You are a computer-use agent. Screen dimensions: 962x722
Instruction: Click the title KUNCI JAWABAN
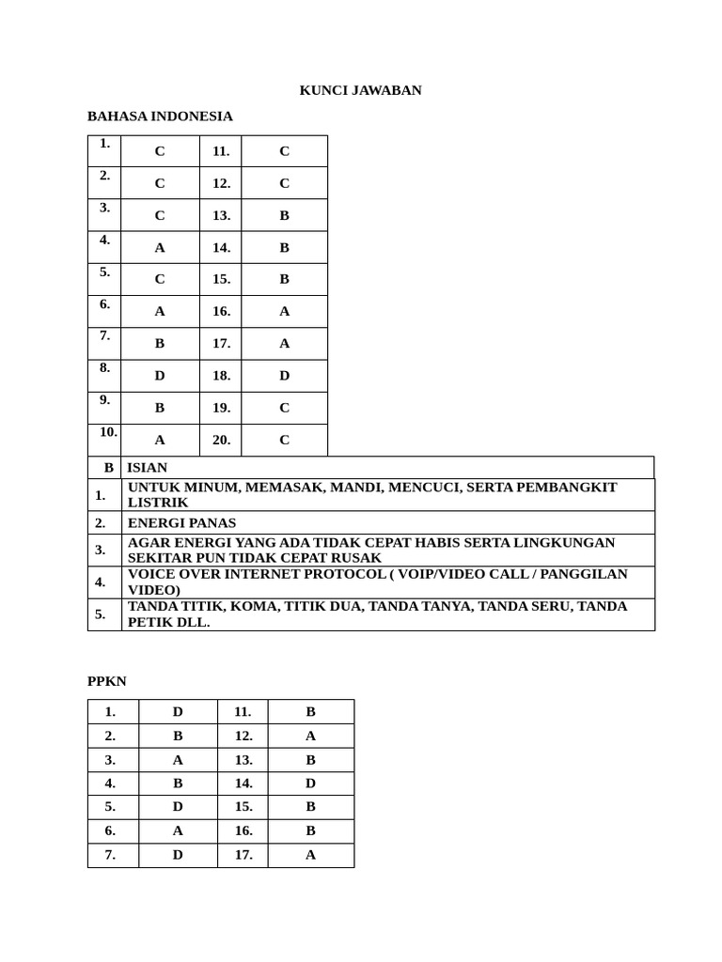pyautogui.click(x=360, y=90)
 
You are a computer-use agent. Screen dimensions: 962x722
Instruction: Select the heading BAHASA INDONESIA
pyautogui.click(x=160, y=116)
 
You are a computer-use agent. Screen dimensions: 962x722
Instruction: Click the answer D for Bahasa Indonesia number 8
pyautogui.click(x=160, y=376)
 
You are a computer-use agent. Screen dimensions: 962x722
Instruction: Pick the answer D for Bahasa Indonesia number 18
pyautogui.click(x=284, y=376)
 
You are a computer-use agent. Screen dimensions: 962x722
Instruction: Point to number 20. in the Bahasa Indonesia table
pyautogui.click(x=221, y=440)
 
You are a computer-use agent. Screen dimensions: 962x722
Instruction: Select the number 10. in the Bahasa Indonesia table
pyautogui.click(x=108, y=432)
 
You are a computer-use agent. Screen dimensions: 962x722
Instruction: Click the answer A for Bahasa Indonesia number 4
pyautogui.click(x=160, y=248)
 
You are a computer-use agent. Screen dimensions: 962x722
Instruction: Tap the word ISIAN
pyautogui.click(x=148, y=467)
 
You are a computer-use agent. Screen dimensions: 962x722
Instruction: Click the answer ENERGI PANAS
pyautogui.click(x=182, y=522)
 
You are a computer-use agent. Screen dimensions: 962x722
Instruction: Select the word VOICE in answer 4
pyautogui.click(x=151, y=573)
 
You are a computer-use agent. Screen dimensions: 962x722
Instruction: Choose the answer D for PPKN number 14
pyautogui.click(x=310, y=783)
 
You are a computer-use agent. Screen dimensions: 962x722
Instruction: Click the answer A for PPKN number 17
pyautogui.click(x=310, y=855)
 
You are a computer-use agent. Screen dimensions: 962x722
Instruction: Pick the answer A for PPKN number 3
pyautogui.click(x=178, y=759)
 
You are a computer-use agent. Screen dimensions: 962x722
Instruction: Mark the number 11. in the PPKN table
pyautogui.click(x=243, y=712)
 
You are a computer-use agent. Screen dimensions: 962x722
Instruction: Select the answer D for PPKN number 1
pyautogui.click(x=178, y=712)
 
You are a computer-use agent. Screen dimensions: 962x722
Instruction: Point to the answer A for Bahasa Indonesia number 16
pyautogui.click(x=284, y=311)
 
